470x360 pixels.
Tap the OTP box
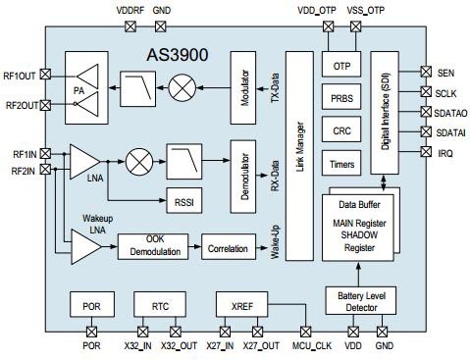coord(342,67)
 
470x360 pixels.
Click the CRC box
coord(342,131)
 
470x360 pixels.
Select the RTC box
coord(159,305)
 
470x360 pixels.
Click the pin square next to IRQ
coord(425,152)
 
